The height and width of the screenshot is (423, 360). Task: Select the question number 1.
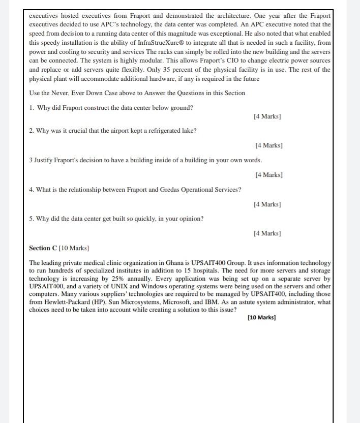[x=32, y=108]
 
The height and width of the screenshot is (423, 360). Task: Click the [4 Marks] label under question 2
[x=269, y=145]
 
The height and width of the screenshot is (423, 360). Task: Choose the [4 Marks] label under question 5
[x=267, y=233]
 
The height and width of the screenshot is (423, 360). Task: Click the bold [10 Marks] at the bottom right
[x=261, y=318]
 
